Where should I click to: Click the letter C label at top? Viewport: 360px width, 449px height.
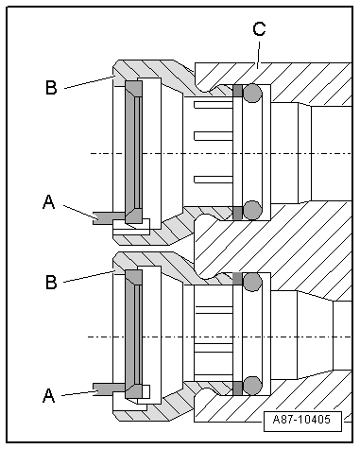coord(257,29)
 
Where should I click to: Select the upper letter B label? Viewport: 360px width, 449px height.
coord(51,89)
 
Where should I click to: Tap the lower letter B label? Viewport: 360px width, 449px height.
coord(51,283)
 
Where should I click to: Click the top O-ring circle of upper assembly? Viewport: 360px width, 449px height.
coord(251,93)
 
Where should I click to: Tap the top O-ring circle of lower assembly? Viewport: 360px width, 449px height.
coord(251,281)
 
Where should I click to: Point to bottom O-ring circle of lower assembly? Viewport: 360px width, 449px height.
coord(251,385)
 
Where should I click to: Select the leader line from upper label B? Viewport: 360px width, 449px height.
coord(87,82)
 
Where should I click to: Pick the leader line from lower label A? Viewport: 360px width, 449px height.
coord(77,390)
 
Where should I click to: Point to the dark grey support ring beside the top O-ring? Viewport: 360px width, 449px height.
coord(237,92)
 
